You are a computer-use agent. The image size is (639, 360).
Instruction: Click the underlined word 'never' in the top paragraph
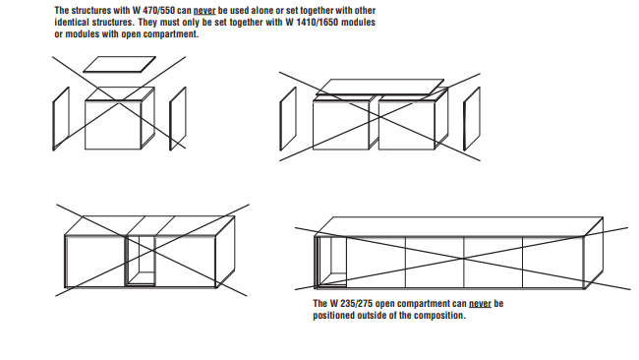coord(204,11)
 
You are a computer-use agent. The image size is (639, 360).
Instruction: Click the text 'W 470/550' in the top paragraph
coord(153,11)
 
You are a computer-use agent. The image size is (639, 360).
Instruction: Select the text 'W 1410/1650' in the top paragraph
coord(312,22)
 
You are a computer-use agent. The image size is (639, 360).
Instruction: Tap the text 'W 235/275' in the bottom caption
coord(351,304)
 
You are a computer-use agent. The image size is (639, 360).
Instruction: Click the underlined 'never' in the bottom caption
coord(480,304)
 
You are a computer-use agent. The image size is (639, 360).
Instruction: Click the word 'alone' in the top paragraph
coord(262,11)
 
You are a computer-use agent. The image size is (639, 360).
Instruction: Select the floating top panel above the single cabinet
coord(119,64)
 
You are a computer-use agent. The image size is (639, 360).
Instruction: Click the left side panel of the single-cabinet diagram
coord(61,118)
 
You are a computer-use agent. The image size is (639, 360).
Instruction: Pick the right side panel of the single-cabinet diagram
coord(178,118)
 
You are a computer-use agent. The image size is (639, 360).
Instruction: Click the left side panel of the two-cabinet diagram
coord(288,119)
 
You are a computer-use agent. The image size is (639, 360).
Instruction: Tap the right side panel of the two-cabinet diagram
coord(472,119)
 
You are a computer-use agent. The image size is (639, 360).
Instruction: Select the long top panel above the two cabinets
coord(379,88)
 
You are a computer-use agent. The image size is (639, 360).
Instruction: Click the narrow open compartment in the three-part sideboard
coord(141,261)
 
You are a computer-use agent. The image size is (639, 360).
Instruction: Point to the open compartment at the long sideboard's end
coord(330,263)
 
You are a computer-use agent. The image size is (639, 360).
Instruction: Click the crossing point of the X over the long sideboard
coord(463,259)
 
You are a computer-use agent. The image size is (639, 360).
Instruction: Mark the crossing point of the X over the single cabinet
coord(119,103)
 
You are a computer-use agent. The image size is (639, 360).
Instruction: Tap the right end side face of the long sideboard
coord(594,253)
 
